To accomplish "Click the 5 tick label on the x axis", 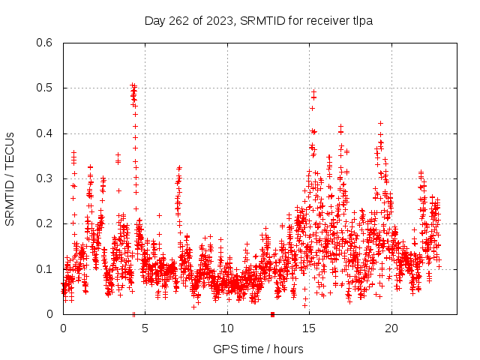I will click(145, 328).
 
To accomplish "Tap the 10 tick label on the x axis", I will click(227, 328).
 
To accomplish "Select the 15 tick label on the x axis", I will click(310, 328).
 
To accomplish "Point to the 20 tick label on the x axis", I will click(391, 328).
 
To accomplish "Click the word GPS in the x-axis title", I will click(224, 349).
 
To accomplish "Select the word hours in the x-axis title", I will click(288, 349).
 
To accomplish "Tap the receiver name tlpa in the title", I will click(361, 20).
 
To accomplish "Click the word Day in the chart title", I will click(155, 20).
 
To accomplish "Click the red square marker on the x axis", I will click(272, 314).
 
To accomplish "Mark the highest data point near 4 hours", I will click(132, 85).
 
